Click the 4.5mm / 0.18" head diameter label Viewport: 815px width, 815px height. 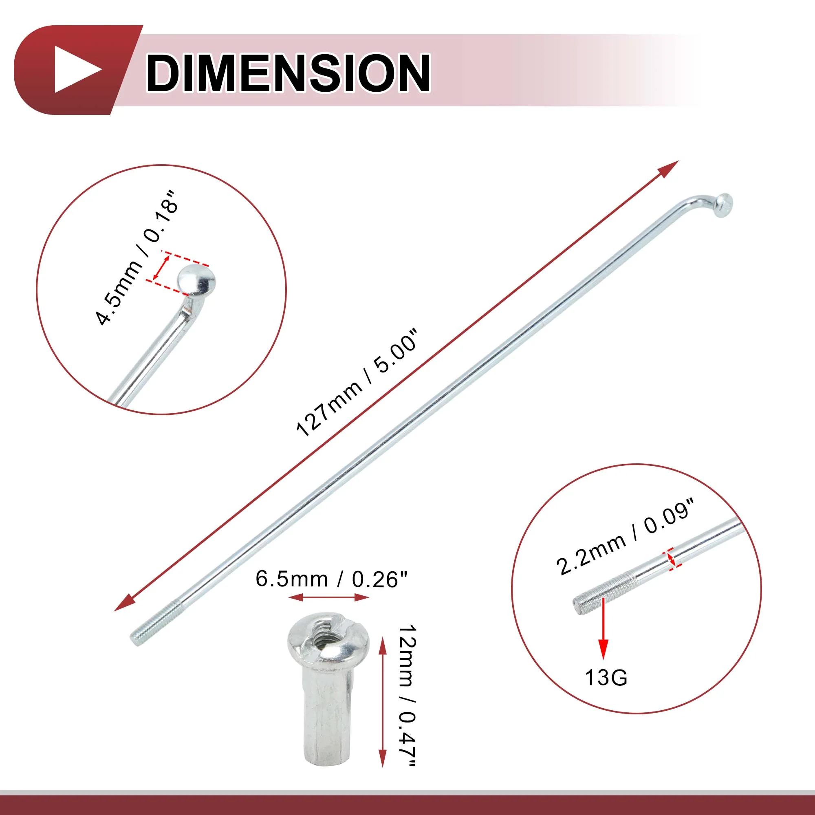134,258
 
